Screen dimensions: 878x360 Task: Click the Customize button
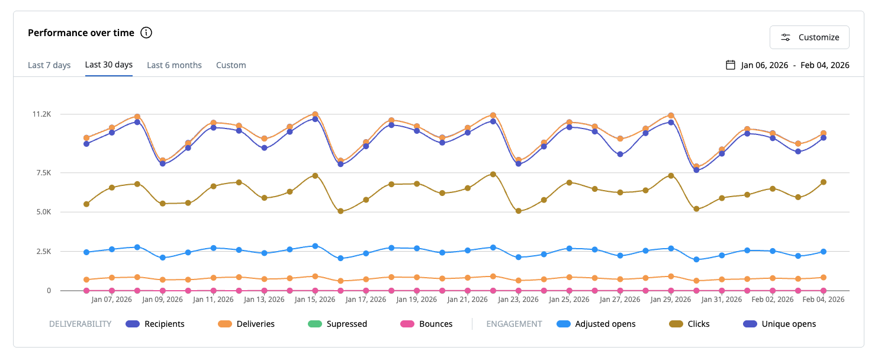point(809,37)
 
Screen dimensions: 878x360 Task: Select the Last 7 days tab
point(49,65)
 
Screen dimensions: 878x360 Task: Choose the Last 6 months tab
point(174,65)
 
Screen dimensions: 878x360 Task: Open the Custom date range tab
point(231,65)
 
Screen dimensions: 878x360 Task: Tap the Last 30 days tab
point(108,65)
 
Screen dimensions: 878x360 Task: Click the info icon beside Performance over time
point(146,33)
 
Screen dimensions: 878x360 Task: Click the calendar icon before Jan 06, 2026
point(730,65)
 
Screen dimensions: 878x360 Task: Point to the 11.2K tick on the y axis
point(41,114)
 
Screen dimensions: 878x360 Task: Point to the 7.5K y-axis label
point(43,172)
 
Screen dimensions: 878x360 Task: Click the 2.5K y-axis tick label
point(43,252)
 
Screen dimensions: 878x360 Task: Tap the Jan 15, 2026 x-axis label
point(315,299)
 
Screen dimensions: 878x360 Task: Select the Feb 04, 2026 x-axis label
point(823,299)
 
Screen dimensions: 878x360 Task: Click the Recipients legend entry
point(155,324)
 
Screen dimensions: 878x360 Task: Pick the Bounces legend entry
point(426,324)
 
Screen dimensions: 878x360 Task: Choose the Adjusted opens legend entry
point(596,324)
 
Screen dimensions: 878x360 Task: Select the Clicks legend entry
point(689,324)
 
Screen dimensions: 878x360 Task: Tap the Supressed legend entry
point(337,324)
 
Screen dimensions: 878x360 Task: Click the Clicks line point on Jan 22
point(493,174)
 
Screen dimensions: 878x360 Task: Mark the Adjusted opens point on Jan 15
point(315,246)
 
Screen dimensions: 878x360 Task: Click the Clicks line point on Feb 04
point(824,182)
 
